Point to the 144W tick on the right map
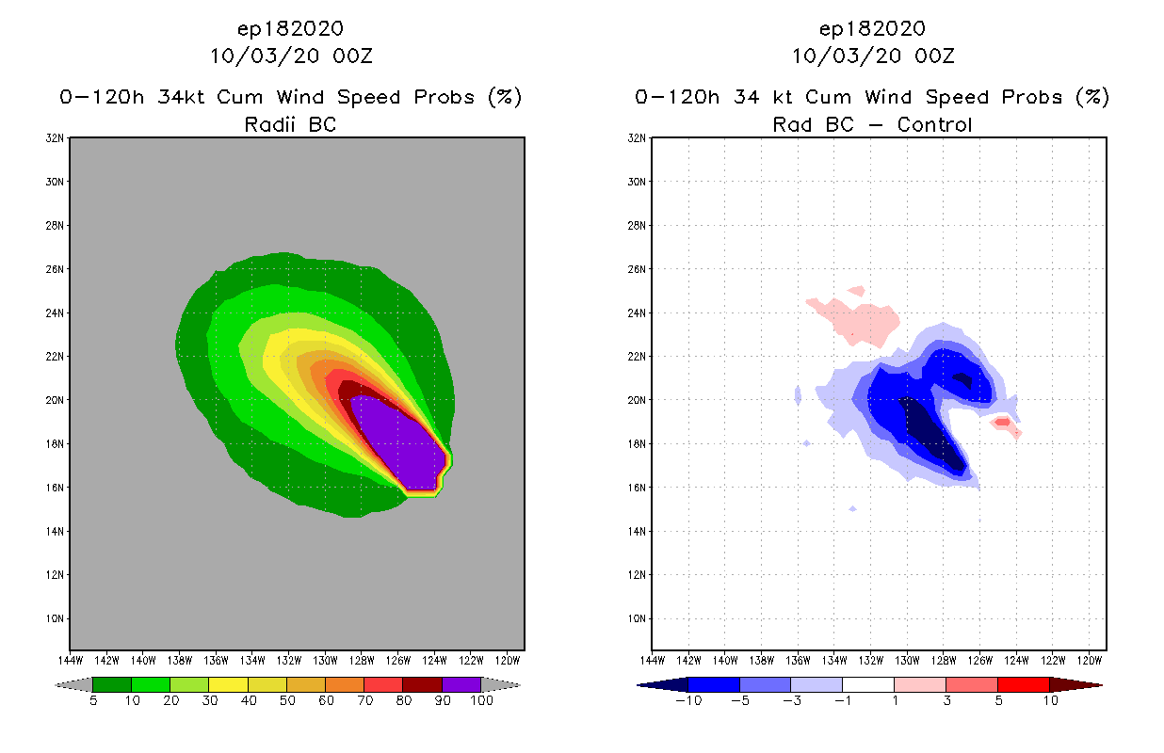[653, 659]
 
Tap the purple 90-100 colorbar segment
[461, 685]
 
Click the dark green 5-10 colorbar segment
[112, 685]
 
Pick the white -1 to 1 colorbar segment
[867, 685]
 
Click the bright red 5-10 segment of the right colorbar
[1023, 685]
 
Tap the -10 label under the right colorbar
[688, 700]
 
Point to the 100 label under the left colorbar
[481, 700]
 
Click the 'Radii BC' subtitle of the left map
[290, 124]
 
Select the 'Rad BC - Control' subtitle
[872, 124]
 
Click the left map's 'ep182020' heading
[291, 28]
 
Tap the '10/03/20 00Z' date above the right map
[873, 56]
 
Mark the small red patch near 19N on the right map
[1002, 422]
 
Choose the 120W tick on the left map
[507, 659]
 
